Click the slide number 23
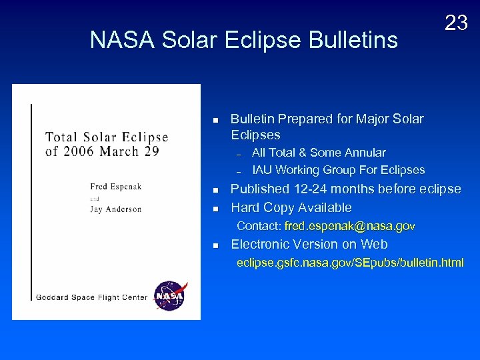click(x=456, y=23)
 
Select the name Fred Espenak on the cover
click(x=116, y=187)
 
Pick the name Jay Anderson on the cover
click(x=116, y=209)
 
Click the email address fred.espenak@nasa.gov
click(x=349, y=226)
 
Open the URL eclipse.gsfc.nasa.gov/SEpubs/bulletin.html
click(x=351, y=263)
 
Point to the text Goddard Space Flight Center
click(x=91, y=297)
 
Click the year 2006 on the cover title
click(x=79, y=151)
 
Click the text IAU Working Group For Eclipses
click(x=338, y=170)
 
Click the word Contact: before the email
click(x=259, y=226)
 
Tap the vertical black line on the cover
click(x=31, y=200)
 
